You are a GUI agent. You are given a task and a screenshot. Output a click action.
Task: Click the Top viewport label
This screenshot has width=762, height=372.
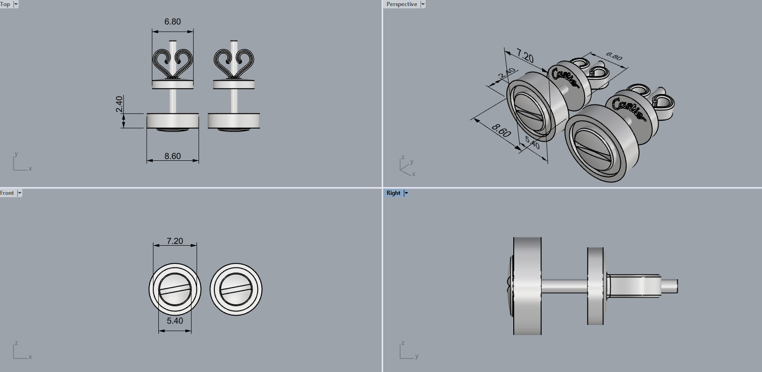click(5, 4)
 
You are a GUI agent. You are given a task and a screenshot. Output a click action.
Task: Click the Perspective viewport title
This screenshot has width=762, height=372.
click(401, 4)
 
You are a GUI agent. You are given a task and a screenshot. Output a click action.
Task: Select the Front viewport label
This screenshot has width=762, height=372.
click(7, 193)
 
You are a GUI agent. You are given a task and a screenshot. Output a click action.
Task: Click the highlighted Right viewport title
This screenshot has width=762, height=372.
click(393, 193)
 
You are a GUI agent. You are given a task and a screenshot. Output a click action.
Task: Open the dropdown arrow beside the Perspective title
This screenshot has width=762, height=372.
click(423, 4)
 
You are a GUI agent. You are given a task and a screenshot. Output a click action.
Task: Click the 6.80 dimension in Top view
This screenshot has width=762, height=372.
click(172, 22)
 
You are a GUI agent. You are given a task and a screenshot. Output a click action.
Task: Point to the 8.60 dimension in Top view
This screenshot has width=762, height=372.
click(172, 156)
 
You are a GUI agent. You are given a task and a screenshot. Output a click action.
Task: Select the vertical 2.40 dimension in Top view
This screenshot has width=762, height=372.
click(119, 104)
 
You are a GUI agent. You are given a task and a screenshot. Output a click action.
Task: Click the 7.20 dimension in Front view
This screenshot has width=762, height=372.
click(175, 241)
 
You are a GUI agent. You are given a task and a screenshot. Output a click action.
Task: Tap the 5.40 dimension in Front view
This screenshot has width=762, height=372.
click(175, 321)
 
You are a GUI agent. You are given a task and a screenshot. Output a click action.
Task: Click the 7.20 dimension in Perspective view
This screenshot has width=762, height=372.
click(525, 56)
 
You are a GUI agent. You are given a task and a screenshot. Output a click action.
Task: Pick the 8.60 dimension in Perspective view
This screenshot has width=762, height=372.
click(501, 131)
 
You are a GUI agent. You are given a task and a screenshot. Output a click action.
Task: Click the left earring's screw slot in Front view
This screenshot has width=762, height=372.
click(175, 290)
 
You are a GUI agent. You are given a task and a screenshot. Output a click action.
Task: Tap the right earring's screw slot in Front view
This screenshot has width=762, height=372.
click(236, 290)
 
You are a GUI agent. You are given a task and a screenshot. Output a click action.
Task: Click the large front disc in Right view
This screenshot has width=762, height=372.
click(527, 286)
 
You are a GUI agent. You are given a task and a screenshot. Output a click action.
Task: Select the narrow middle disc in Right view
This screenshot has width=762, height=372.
click(595, 286)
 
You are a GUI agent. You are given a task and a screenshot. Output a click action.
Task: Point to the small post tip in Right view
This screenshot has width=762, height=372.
click(670, 286)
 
